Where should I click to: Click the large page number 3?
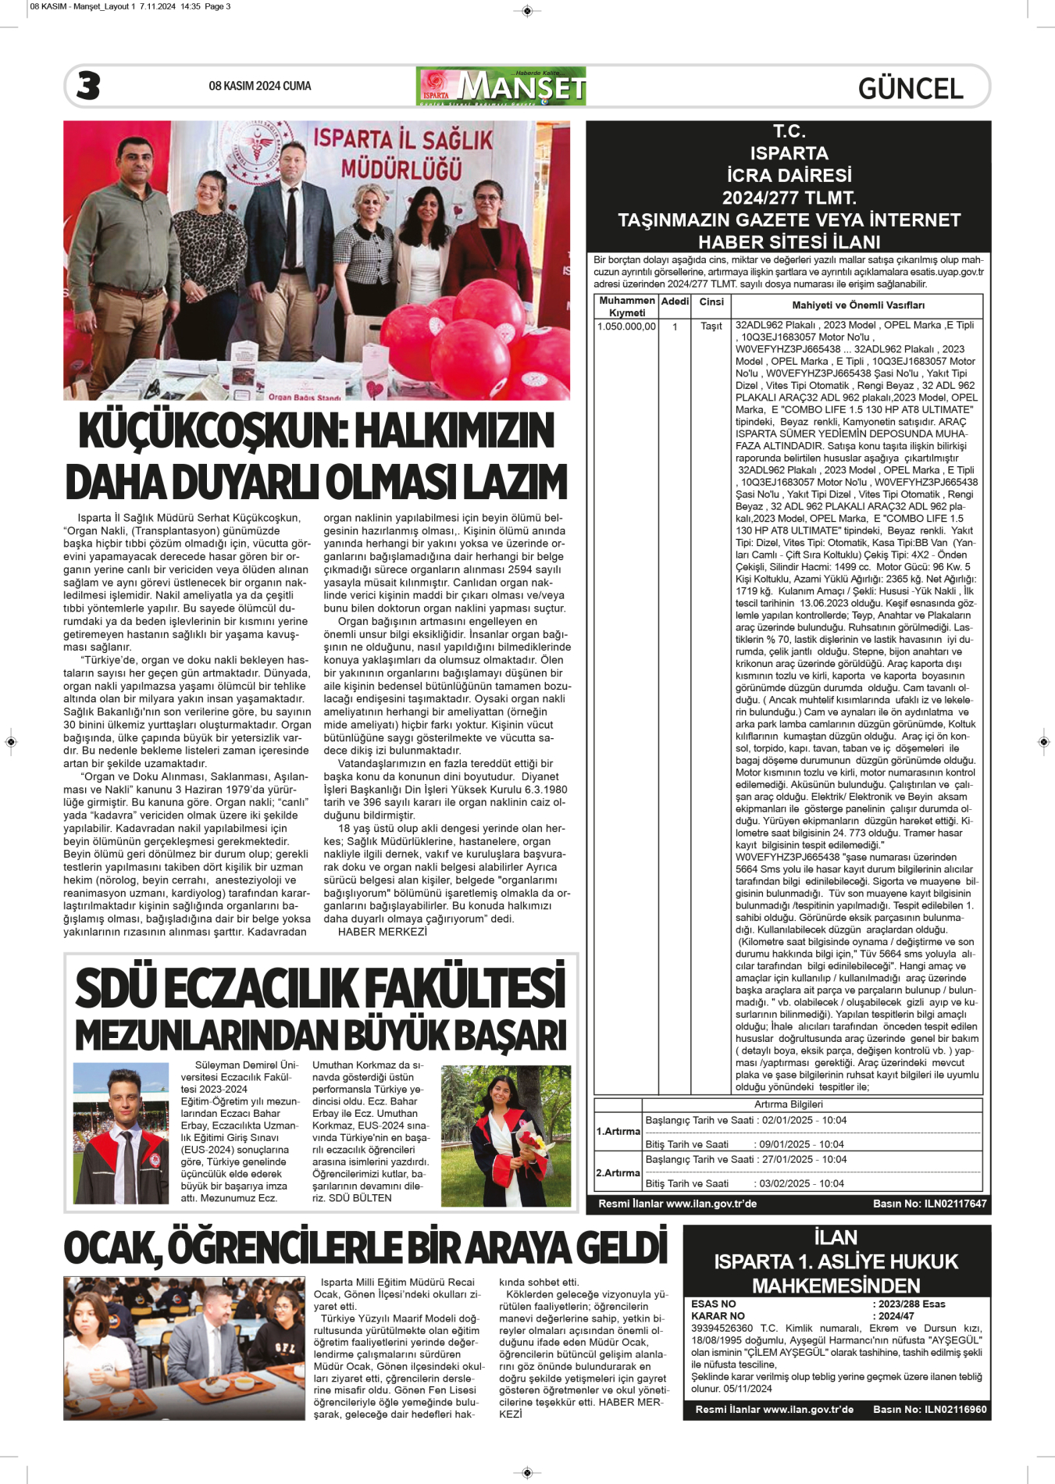pos(88,86)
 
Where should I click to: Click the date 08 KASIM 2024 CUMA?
pos(259,86)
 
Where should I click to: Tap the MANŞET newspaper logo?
pos(501,87)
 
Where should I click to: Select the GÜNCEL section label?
pos(910,88)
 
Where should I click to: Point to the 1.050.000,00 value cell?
pos(626,326)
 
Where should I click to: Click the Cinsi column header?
pos(711,302)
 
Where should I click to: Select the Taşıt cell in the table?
pos(711,326)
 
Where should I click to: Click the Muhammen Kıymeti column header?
pos(626,306)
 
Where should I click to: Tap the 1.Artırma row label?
pos(618,1131)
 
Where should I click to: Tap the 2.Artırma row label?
pos(618,1172)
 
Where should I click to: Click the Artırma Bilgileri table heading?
pos(788,1104)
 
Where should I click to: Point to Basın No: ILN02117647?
pos(929,1204)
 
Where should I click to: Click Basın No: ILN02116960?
pos(929,1410)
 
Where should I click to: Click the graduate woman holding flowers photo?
pos(505,1134)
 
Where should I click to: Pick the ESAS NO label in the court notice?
pos(713,1304)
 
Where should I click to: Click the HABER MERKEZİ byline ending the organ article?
pos(383,932)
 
